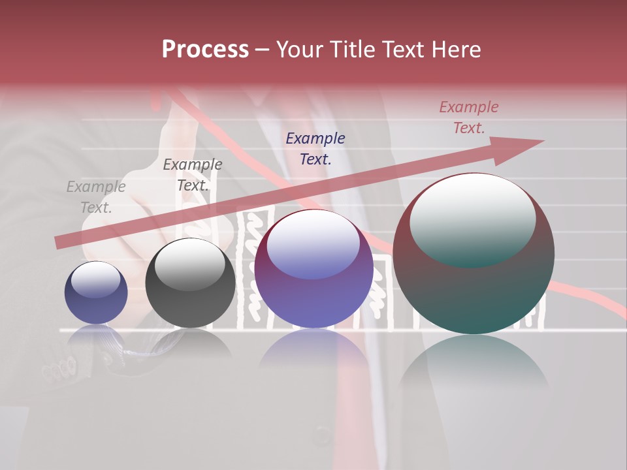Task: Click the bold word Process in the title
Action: [205, 50]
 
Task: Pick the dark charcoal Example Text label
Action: [193, 175]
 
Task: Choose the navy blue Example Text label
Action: [315, 148]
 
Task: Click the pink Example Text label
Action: [469, 117]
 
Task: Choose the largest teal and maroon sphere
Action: [474, 287]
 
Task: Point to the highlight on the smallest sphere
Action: [96, 279]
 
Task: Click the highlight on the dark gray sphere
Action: [190, 264]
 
